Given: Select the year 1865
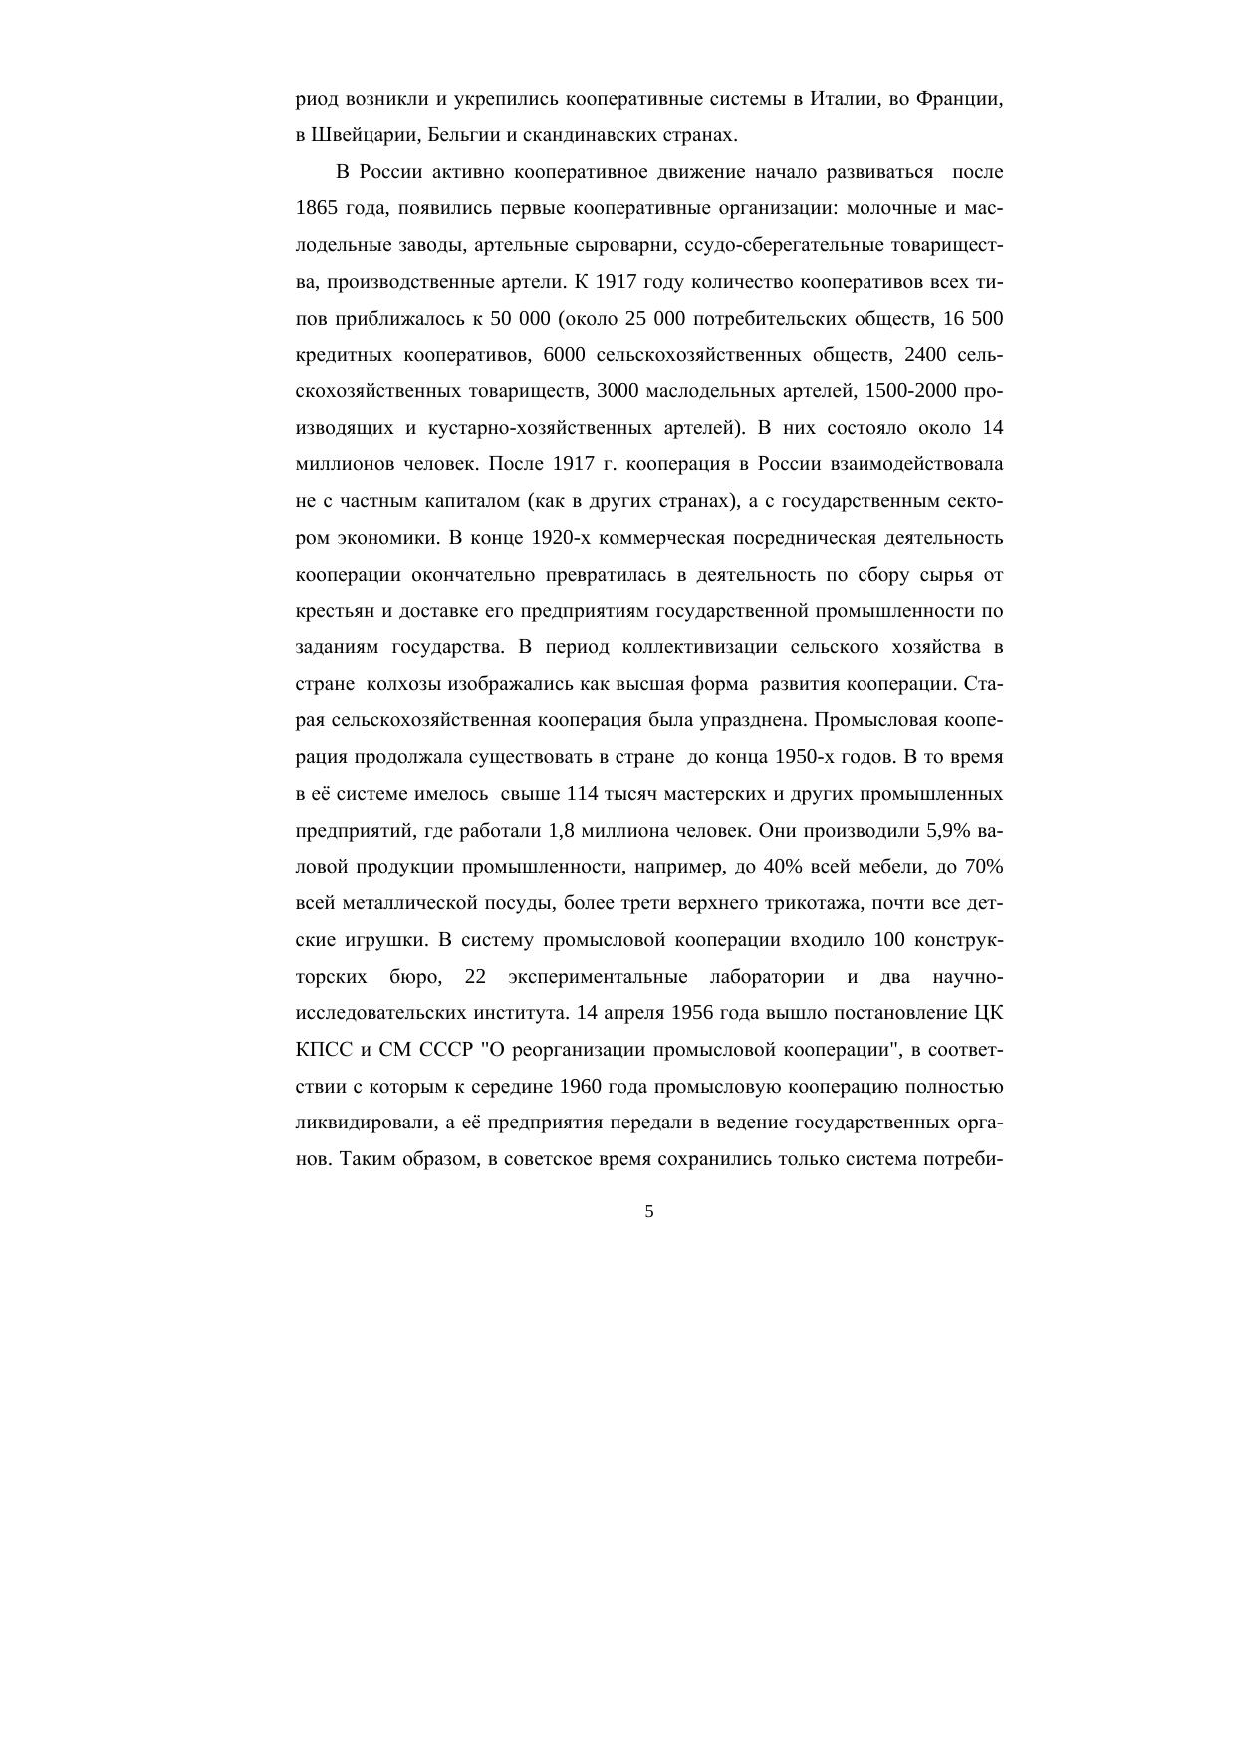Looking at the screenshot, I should (318, 209).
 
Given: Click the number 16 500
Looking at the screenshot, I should (973, 319).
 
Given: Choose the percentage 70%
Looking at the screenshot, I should (983, 867).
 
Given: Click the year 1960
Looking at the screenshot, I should (582, 1086).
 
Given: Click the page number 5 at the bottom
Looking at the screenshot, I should (649, 1212).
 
